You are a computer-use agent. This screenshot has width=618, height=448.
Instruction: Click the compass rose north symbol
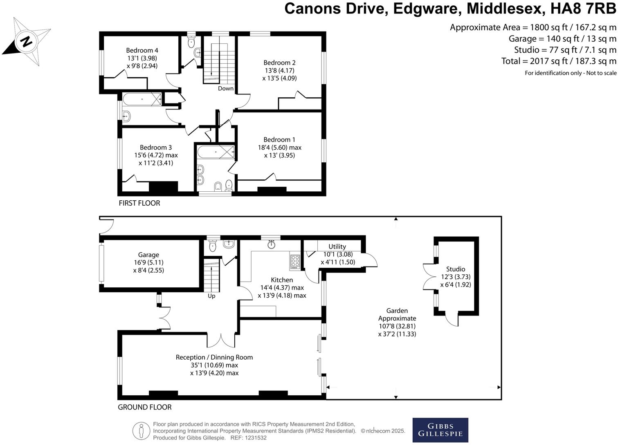pyautogui.click(x=27, y=41)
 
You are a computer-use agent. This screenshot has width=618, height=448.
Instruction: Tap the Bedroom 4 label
pyautogui.click(x=142, y=50)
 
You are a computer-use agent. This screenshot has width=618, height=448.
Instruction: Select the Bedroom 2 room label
pyautogui.click(x=279, y=63)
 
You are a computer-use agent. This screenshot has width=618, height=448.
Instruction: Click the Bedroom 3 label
pyautogui.click(x=156, y=147)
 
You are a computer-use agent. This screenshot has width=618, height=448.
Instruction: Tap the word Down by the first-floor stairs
pyautogui.click(x=225, y=88)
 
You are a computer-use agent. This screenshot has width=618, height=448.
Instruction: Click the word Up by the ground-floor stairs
pyautogui.click(x=211, y=296)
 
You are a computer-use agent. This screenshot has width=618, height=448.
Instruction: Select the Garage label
pyautogui.click(x=148, y=255)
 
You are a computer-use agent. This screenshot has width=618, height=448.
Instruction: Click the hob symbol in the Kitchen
pyautogui.click(x=295, y=262)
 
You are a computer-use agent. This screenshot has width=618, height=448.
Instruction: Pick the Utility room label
pyautogui.click(x=337, y=246)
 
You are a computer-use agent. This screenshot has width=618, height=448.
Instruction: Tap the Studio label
pyautogui.click(x=456, y=269)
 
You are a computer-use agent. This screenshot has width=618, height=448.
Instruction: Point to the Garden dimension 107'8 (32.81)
pyautogui.click(x=397, y=326)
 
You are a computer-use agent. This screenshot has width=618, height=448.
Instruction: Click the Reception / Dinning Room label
pyautogui.click(x=214, y=357)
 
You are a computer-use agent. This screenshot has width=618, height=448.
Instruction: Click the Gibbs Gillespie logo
pyautogui.click(x=440, y=430)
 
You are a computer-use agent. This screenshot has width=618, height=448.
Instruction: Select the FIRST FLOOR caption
pyautogui.click(x=139, y=203)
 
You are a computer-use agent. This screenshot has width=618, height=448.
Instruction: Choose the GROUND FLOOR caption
pyautogui.click(x=144, y=407)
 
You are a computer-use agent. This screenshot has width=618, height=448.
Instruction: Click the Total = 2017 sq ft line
pyautogui.click(x=558, y=61)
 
